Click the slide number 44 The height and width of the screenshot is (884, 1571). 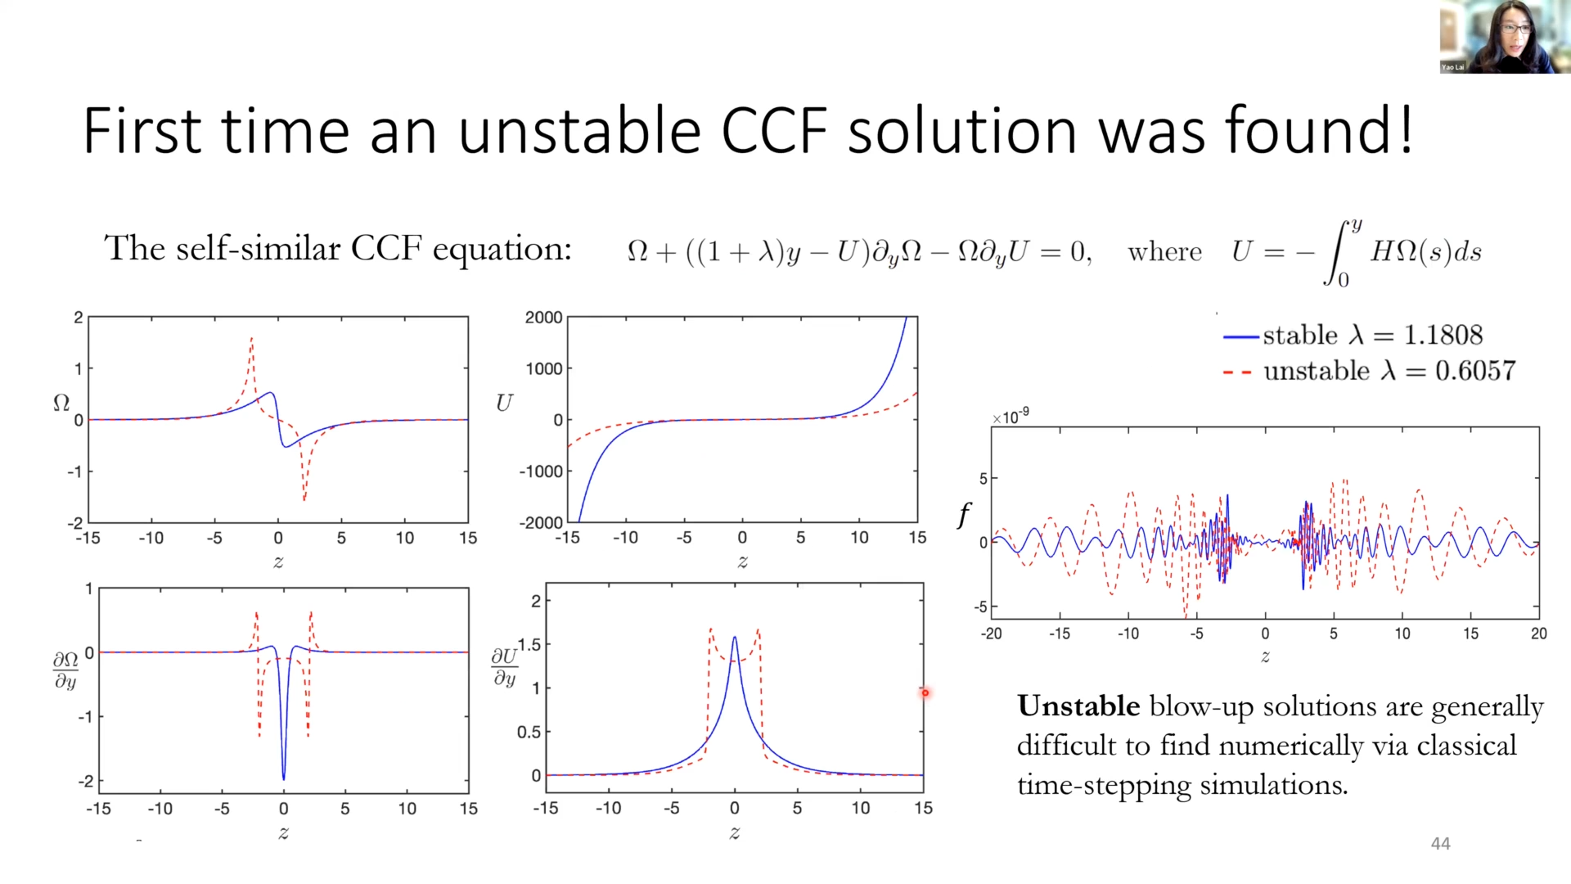click(1440, 844)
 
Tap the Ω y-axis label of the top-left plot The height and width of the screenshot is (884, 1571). click(61, 403)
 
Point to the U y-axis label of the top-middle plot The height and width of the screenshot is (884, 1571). click(504, 403)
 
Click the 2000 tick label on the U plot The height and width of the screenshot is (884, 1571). click(543, 318)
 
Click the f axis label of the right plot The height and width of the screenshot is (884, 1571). click(964, 516)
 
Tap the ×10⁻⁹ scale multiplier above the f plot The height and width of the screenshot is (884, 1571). click(1011, 417)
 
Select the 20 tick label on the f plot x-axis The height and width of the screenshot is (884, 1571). click(1538, 634)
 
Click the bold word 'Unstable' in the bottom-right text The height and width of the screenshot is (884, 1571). click(1078, 706)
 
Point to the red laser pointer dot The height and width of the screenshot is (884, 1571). click(925, 693)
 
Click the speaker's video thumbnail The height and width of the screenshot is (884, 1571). click(1504, 38)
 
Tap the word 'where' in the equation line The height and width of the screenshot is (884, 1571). click(1164, 252)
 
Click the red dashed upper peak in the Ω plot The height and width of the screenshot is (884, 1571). click(251, 339)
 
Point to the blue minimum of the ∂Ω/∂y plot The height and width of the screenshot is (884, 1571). click(284, 778)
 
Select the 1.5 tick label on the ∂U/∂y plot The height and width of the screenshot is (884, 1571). click(530, 645)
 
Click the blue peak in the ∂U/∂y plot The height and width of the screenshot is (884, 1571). click(734, 638)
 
